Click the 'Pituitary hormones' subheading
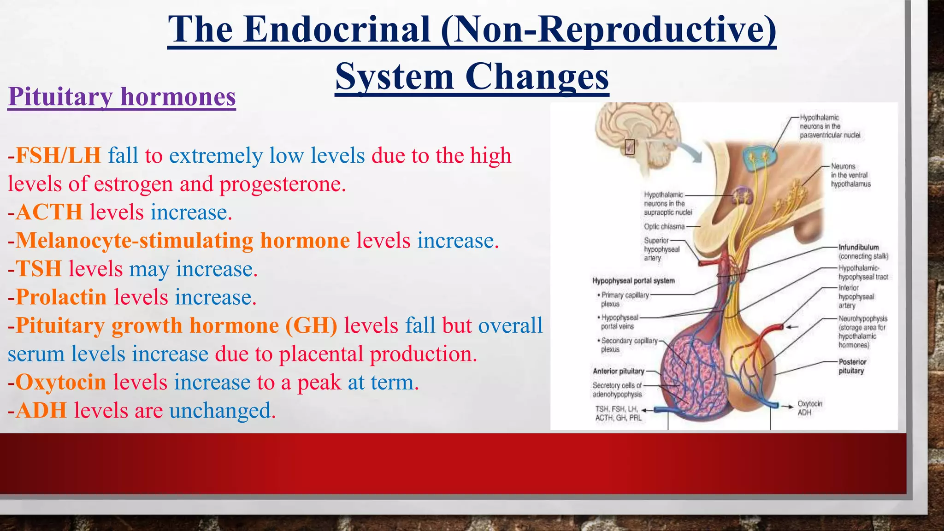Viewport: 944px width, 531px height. [x=122, y=97]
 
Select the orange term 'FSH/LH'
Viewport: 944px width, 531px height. [x=58, y=156]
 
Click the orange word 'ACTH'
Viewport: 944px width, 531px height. [x=49, y=212]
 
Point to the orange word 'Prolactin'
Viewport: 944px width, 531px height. [x=61, y=297]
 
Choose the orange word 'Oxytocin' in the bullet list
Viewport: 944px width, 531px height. [x=61, y=383]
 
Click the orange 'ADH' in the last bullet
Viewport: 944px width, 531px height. [x=41, y=411]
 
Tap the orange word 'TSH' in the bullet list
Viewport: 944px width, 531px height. [x=39, y=269]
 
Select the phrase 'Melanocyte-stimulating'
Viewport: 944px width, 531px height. [x=134, y=241]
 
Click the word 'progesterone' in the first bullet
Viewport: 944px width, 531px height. [x=282, y=184]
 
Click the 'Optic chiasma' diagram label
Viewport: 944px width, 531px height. [x=664, y=226]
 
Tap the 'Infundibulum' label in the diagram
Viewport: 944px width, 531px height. [x=859, y=248]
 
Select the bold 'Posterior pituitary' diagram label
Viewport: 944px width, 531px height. [x=852, y=366]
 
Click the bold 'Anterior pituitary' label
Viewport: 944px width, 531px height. [x=618, y=371]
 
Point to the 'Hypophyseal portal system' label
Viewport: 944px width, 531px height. [x=633, y=281]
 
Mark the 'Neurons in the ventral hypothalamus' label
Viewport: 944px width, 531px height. [x=850, y=175]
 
